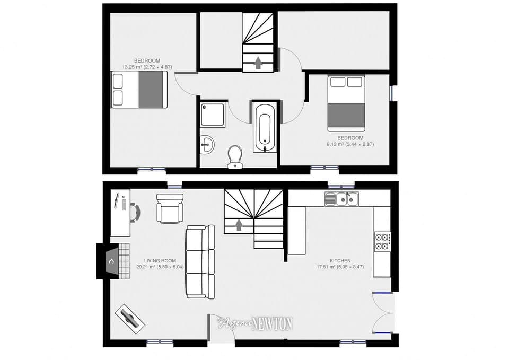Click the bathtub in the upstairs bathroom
265,127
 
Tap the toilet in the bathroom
234,157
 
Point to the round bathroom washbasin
207,144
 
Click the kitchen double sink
343,199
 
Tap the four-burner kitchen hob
382,241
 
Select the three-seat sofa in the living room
200,261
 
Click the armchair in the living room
170,208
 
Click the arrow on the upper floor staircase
258,63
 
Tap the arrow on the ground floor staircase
239,225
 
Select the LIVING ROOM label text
160,261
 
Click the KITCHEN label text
340,261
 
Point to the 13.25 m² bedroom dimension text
147,67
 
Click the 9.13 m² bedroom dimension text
350,144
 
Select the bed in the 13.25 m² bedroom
139,90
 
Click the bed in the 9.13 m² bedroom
346,103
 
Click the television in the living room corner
130,318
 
